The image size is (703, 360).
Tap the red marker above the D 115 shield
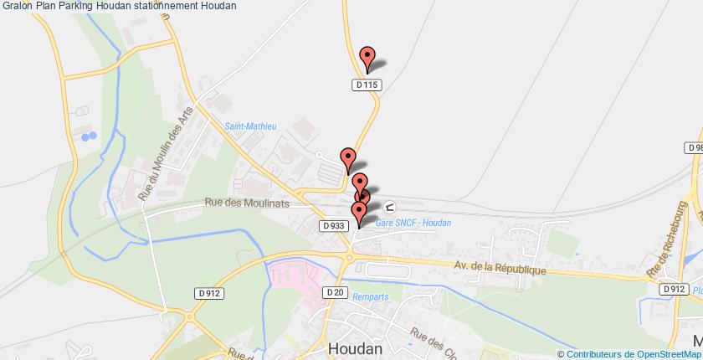pos(367,58)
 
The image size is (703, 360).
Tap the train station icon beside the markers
pos(390,207)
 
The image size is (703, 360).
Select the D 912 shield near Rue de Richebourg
pos(673,290)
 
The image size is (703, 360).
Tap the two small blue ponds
pos(89,135)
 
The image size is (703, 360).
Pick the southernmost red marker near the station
pos(359,213)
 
